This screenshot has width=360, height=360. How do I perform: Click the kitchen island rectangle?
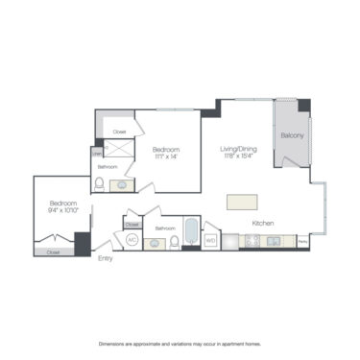tap(243, 202)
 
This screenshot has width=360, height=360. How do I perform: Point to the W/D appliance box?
tap(211, 240)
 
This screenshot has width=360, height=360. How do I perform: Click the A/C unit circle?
tap(132, 239)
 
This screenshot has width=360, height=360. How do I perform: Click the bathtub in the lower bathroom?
tap(190, 235)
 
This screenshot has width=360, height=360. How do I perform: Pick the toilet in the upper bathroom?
tap(99, 184)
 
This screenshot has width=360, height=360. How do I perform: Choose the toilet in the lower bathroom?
tap(174, 241)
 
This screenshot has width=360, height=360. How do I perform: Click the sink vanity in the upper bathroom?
tap(122, 184)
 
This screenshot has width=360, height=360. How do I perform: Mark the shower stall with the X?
tap(119, 150)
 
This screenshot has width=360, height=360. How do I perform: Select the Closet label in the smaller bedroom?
tap(53, 252)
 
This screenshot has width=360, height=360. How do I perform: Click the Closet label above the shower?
tap(119, 132)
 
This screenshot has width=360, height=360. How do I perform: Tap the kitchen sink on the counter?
tap(274, 240)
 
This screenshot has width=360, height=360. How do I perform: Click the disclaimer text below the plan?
tap(180, 343)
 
